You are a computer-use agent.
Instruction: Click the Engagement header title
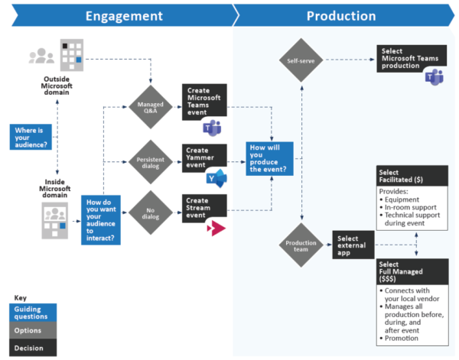(x=124, y=16)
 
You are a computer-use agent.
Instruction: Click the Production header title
(x=340, y=16)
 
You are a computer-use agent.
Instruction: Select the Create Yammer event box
(x=204, y=157)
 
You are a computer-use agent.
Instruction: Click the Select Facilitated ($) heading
(x=405, y=174)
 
